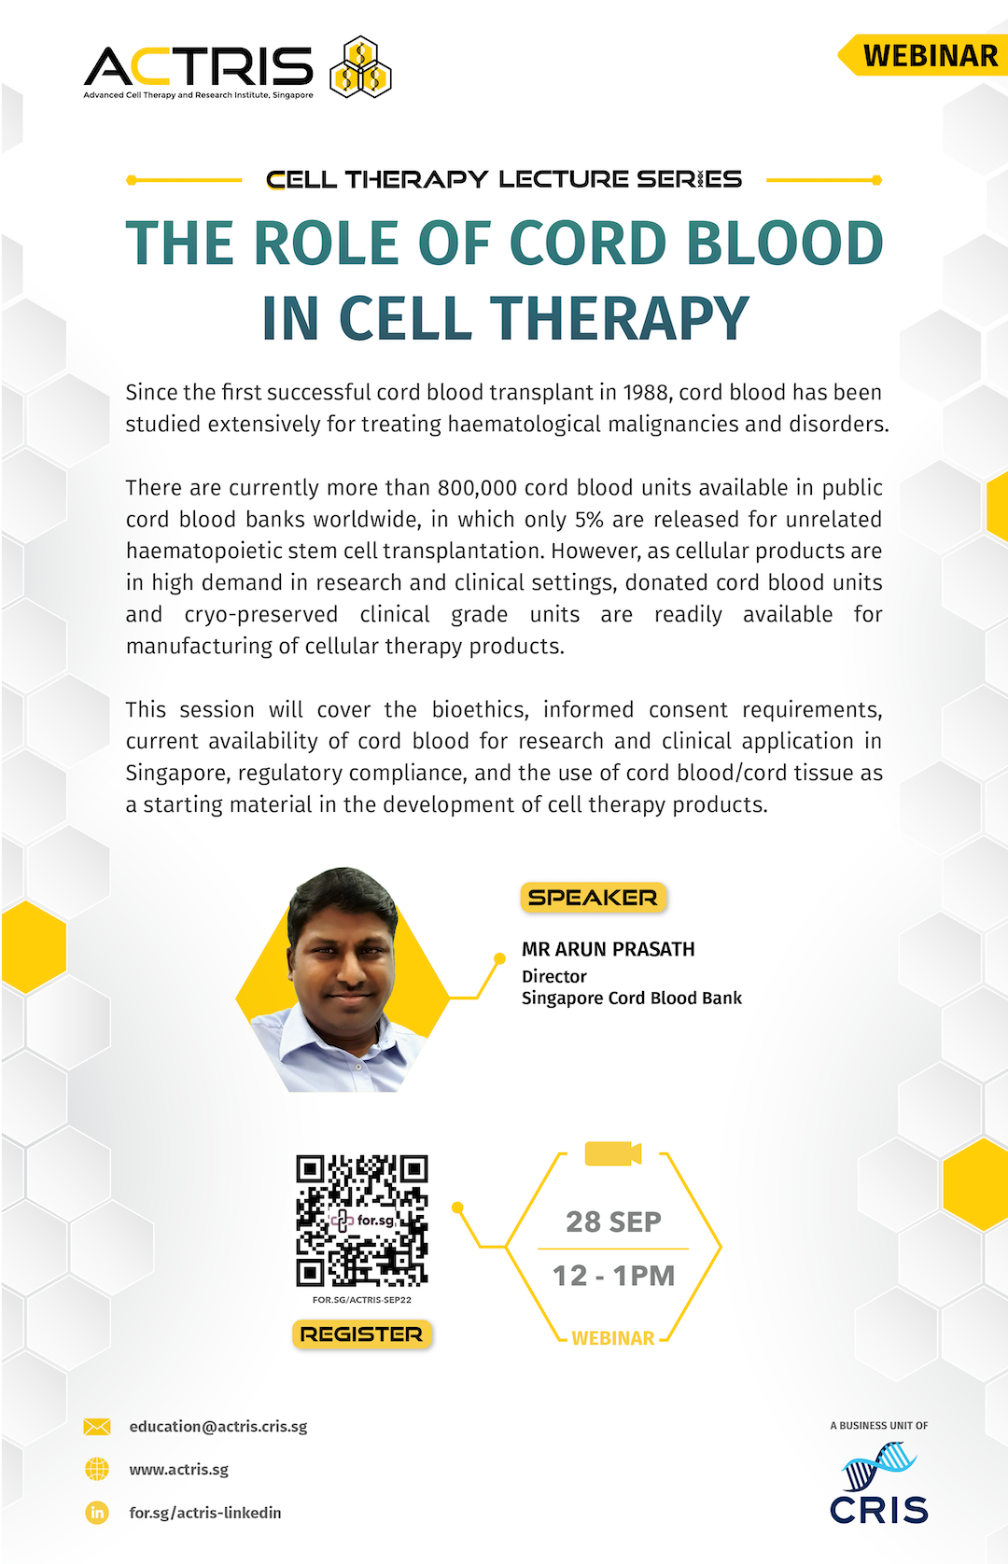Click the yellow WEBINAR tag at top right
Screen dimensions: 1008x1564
[922, 55]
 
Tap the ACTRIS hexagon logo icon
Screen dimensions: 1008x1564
[359, 67]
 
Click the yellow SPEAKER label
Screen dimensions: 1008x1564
[593, 897]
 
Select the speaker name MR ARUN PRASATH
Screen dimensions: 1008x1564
[608, 949]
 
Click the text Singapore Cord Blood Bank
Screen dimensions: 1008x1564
[632, 998]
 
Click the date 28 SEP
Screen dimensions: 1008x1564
[613, 1222]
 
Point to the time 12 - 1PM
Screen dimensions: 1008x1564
[613, 1276]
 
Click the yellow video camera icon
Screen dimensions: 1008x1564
[612, 1153]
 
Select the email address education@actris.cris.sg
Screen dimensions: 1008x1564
[218, 1427]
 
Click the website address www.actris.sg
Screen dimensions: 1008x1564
[179, 1469]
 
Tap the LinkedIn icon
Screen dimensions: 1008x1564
[97, 1513]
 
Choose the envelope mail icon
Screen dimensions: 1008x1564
[97, 1427]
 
